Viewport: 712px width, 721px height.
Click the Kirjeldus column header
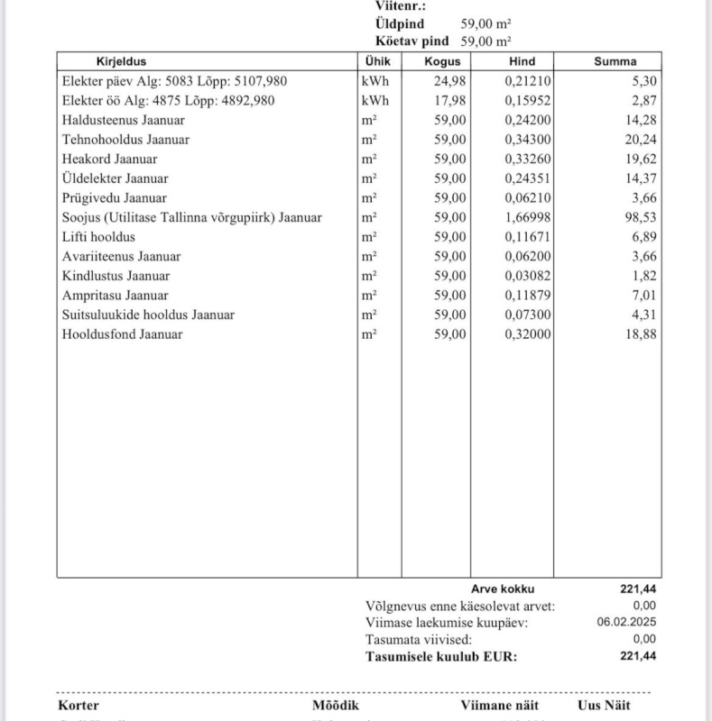click(x=121, y=62)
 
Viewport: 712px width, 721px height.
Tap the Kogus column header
click(x=442, y=62)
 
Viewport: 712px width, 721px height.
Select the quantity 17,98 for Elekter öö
click(x=449, y=101)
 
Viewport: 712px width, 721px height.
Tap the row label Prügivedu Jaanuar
click(x=114, y=198)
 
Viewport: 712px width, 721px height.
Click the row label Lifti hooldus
click(x=98, y=237)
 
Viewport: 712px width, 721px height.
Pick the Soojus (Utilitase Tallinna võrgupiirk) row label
click(x=191, y=217)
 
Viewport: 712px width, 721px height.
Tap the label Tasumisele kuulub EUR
click(x=441, y=657)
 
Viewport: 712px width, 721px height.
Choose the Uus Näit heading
click(x=604, y=706)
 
